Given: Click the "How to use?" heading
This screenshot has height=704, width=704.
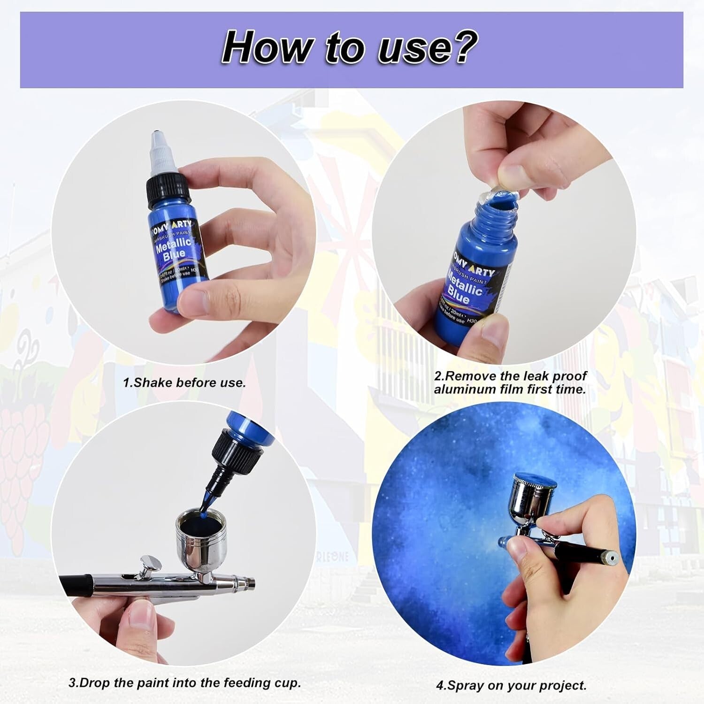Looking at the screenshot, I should tap(350, 48).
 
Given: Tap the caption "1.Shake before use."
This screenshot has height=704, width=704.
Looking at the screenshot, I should tap(184, 383).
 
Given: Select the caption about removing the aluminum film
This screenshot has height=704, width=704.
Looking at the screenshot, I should tap(510, 383).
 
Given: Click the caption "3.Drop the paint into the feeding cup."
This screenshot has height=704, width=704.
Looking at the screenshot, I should tap(184, 682).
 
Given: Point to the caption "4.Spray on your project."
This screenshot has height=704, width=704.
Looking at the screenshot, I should tap(511, 685).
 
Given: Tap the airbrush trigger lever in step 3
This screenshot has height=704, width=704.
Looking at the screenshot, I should tap(149, 565).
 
